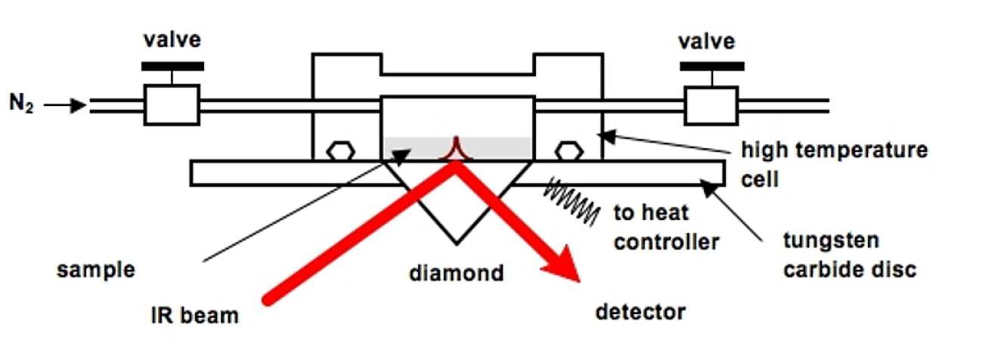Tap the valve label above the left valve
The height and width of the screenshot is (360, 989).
172,40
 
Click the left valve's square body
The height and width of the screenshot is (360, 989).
172,104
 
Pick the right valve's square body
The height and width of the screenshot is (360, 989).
710,104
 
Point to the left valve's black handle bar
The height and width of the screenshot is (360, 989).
172,66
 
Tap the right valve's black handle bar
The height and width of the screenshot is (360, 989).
710,66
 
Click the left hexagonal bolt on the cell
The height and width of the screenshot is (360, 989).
339,151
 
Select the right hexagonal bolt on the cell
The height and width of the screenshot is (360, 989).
569,151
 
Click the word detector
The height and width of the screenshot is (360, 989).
640,311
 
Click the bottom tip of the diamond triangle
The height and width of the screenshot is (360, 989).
456,244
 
